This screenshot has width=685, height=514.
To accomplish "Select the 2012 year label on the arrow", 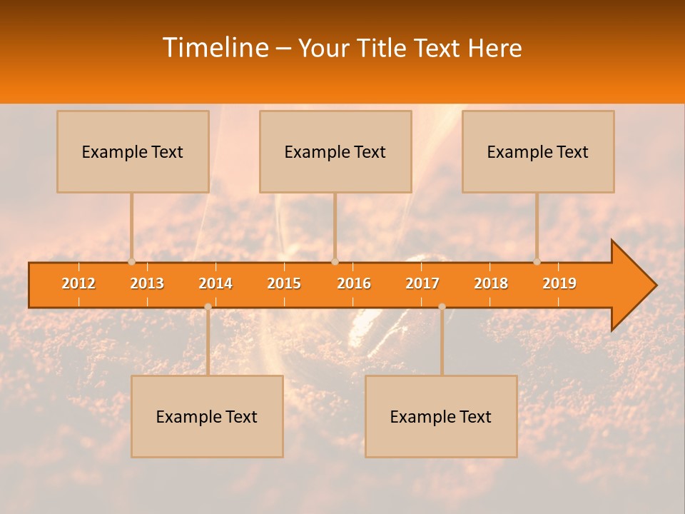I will (x=78, y=283).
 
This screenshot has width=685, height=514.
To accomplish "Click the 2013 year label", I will (x=147, y=283).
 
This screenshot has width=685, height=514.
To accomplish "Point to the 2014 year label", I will (x=215, y=283).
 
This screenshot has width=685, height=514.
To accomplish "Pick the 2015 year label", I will (x=284, y=283).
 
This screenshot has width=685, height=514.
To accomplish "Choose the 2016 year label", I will (x=354, y=283).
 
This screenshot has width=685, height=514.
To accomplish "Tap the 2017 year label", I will (x=422, y=283).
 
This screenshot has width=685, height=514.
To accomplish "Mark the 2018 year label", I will (x=491, y=283).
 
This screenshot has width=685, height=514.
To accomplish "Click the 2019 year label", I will (x=559, y=283).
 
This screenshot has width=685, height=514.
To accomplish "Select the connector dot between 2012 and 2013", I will (x=131, y=262).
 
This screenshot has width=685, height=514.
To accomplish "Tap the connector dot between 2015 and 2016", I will (x=335, y=262).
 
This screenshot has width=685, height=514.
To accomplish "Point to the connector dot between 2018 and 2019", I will (x=537, y=262).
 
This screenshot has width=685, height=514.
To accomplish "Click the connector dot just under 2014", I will (x=208, y=307).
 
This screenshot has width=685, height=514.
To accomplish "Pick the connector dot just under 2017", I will (x=442, y=307).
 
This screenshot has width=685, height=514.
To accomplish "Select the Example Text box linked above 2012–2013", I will (x=133, y=152).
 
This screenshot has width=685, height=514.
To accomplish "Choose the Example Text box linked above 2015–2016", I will (x=335, y=152).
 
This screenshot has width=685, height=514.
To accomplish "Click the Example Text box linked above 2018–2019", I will (x=538, y=152).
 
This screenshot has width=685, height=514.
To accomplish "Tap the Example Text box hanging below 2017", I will (x=441, y=417).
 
